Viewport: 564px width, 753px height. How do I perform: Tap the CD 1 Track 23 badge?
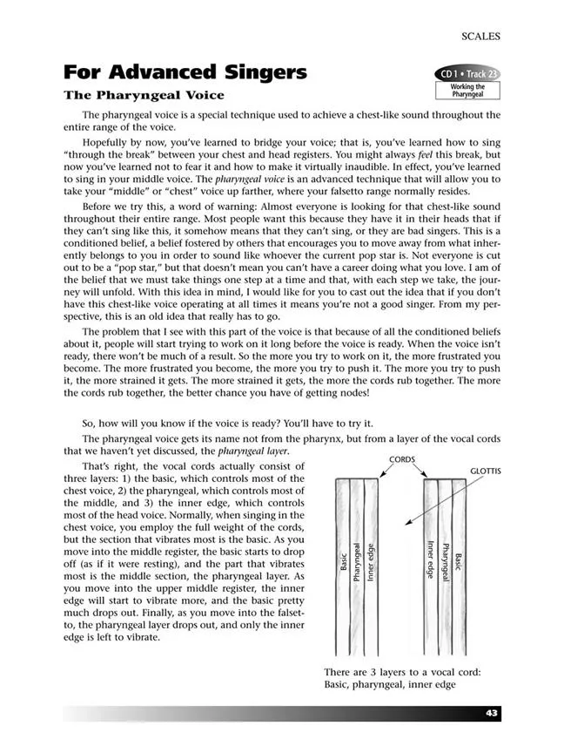coord(467,73)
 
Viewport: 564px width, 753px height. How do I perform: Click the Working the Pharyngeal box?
coord(467,90)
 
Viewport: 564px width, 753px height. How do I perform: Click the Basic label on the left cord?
coord(343,559)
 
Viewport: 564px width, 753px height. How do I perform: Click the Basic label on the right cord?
coord(459,562)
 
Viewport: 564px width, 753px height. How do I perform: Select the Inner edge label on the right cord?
coord(431,562)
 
